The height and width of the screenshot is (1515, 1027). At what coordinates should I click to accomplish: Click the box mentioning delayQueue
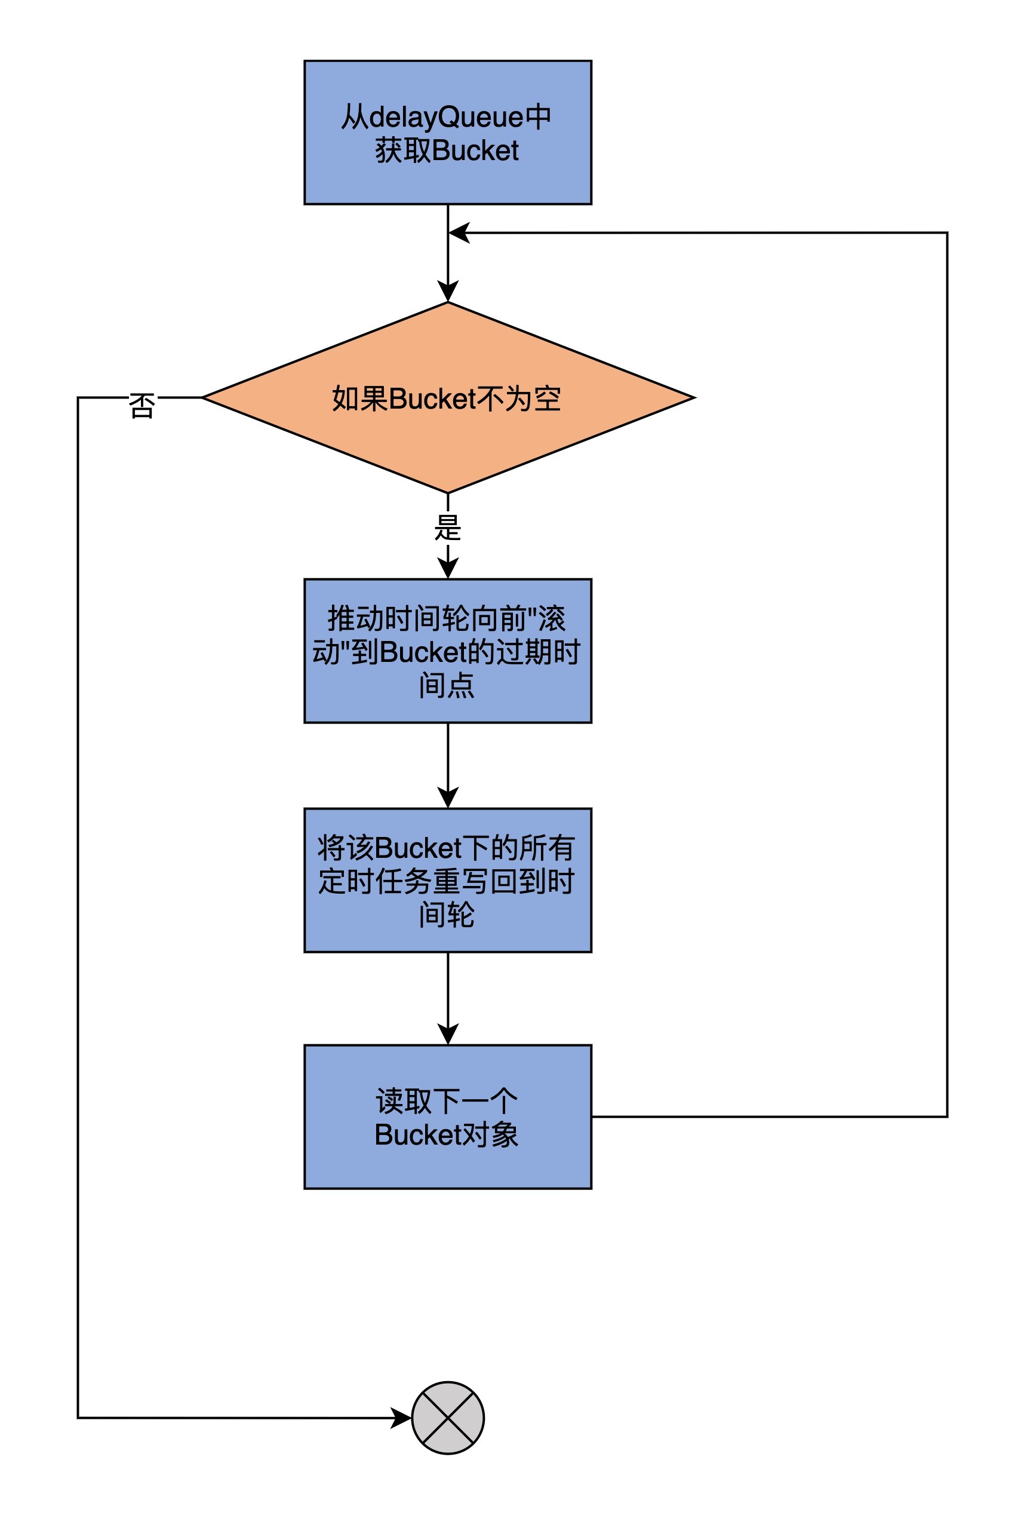pyautogui.click(x=448, y=133)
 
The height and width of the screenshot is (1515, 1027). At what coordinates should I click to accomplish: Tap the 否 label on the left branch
pyautogui.click(x=142, y=406)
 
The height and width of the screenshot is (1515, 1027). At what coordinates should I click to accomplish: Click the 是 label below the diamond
pyautogui.click(x=448, y=528)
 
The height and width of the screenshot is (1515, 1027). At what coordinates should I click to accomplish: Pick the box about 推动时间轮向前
pyautogui.click(x=448, y=651)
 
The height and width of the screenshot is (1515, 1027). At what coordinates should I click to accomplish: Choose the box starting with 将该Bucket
pyautogui.click(x=448, y=881)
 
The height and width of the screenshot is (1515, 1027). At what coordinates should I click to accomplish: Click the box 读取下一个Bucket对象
pyautogui.click(x=448, y=1117)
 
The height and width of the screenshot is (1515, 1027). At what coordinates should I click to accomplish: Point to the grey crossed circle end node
pyautogui.click(x=448, y=1418)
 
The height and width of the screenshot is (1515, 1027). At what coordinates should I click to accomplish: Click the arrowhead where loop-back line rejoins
pyautogui.click(x=459, y=233)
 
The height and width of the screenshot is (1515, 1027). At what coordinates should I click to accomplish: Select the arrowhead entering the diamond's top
pyautogui.click(x=448, y=292)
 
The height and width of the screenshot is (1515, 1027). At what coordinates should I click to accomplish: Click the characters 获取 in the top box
pyautogui.click(x=402, y=151)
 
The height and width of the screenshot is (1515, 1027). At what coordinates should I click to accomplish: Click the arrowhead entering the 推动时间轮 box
pyautogui.click(x=448, y=568)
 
